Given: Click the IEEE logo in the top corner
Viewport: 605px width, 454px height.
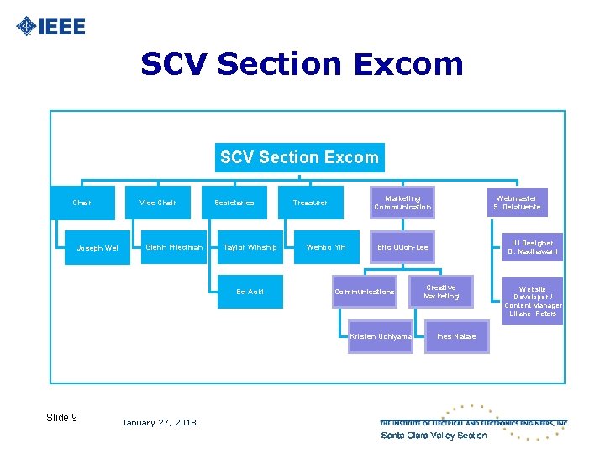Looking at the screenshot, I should [51, 26].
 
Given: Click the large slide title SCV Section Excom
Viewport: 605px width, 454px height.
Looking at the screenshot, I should [302, 64].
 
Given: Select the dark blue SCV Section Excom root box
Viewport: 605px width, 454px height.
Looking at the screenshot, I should [299, 157].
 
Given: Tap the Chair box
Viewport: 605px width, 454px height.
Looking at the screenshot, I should [82, 203].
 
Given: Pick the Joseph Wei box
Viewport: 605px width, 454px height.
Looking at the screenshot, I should [97, 248].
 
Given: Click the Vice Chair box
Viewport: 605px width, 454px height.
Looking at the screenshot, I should [158, 203].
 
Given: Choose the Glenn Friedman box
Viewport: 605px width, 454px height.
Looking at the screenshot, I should [174, 247].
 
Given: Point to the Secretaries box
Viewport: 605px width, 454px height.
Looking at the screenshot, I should [234, 203].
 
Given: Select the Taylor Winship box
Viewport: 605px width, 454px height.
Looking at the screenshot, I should [250, 247].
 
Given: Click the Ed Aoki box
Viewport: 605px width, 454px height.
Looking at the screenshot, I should [250, 292].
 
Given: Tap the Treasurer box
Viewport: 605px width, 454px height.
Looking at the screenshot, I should [310, 203].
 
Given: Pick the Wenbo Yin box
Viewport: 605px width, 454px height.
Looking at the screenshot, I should [326, 247].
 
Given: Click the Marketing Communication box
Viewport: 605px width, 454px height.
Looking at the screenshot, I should [402, 203].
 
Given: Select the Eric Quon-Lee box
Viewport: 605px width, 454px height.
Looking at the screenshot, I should [402, 247].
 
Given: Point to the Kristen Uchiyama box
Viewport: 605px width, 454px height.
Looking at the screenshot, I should [381, 336].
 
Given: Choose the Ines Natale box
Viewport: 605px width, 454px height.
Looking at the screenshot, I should [456, 336].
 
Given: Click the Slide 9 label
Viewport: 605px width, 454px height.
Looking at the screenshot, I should [62, 418].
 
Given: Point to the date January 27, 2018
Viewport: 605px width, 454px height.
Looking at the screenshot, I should [159, 422].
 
